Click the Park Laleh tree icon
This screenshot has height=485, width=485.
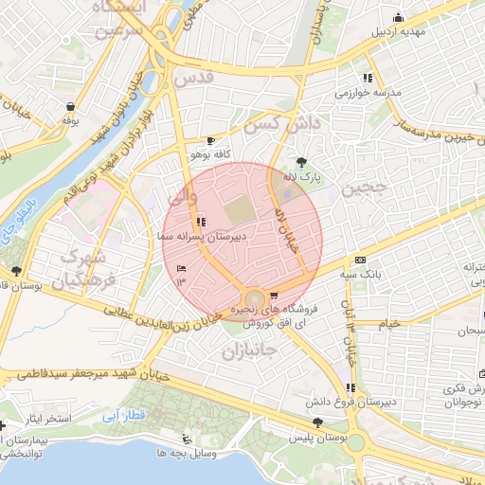tap(302, 162)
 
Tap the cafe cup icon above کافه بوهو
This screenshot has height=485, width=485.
tap(196, 139)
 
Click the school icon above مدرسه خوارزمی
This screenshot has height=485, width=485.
tap(367, 78)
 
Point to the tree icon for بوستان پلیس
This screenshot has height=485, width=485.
tap(316, 423)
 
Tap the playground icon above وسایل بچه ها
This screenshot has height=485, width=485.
tap(186, 439)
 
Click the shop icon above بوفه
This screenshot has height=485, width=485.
tap(69, 107)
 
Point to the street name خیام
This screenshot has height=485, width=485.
tap(388, 323)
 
